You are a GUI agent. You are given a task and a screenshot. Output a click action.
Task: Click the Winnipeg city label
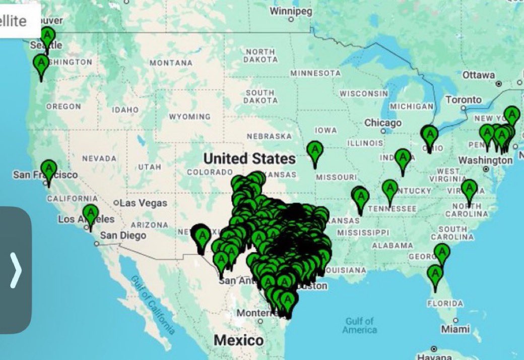click(291, 11)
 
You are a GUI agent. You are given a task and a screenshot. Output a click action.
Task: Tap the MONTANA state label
click(171, 63)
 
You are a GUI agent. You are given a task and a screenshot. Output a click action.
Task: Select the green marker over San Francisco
click(49, 168)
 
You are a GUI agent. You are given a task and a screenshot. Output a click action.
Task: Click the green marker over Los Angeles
click(90, 214)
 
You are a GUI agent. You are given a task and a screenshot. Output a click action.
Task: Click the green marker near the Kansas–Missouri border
click(315, 151)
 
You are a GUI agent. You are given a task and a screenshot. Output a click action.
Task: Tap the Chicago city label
click(383, 123)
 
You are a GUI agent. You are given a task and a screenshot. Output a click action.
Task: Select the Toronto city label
click(464, 100)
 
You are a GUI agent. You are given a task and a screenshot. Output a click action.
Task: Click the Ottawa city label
click(478, 75)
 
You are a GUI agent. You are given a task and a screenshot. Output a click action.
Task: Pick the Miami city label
click(456, 329)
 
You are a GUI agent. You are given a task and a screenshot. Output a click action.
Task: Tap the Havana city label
click(434, 349)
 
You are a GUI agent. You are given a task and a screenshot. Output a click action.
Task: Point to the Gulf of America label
click(360, 325)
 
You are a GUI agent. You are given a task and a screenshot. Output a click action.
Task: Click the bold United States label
click(249, 159)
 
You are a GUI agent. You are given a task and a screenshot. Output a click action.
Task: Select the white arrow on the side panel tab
click(16, 270)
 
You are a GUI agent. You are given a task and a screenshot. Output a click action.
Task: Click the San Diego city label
click(123, 235)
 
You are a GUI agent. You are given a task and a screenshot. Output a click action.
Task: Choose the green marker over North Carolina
click(469, 189)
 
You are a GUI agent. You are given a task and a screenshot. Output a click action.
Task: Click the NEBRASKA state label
click(269, 136)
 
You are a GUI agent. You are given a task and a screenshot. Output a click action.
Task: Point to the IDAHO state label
click(125, 109)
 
